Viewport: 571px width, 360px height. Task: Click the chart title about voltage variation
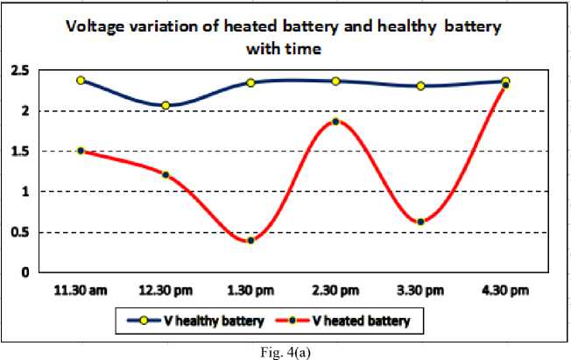(x=285, y=38)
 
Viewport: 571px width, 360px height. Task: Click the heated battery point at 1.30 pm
(x=250, y=240)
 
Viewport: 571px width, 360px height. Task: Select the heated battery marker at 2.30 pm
(x=335, y=122)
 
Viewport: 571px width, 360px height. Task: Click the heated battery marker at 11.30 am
(x=81, y=151)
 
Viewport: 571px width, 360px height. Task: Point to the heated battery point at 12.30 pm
(x=166, y=174)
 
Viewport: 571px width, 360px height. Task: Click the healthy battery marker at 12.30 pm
(x=166, y=105)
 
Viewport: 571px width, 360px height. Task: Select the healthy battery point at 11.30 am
(x=81, y=80)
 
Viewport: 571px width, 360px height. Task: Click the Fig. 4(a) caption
(x=285, y=351)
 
